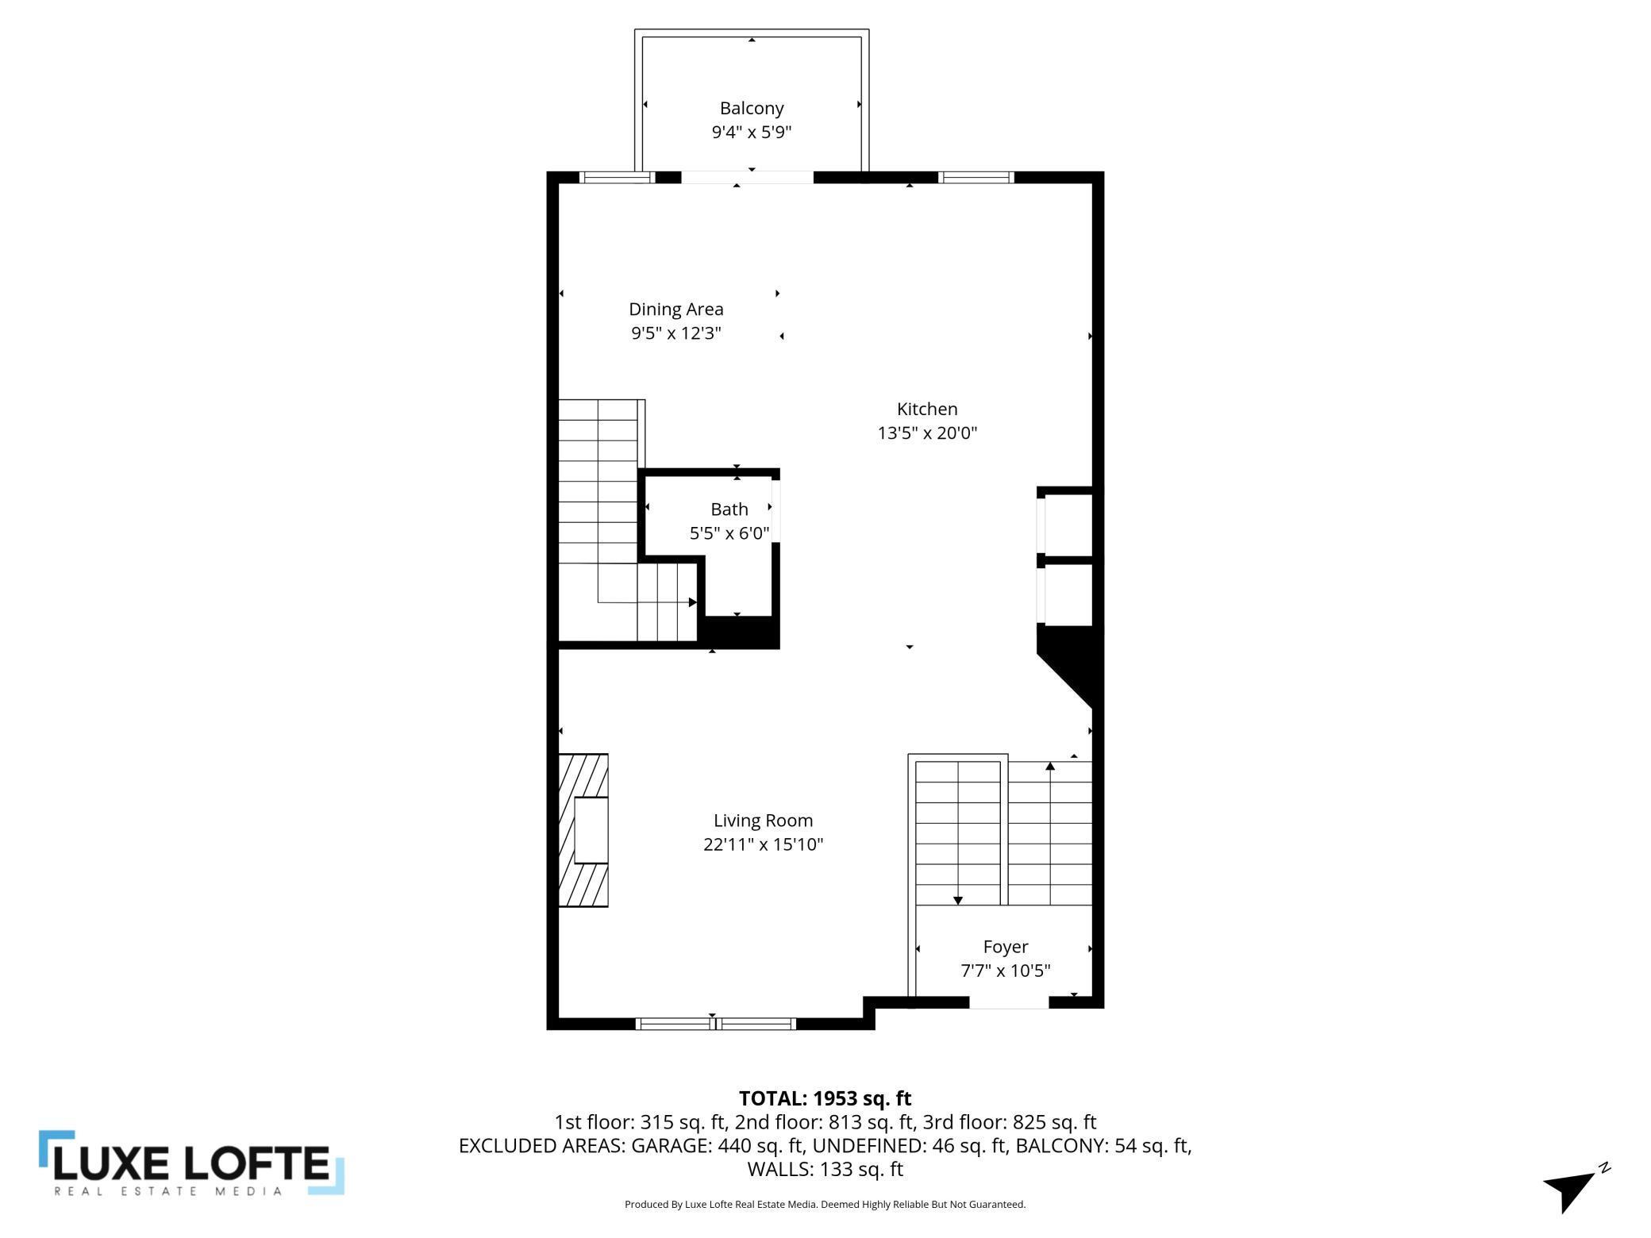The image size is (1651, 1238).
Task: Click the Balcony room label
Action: coord(751,108)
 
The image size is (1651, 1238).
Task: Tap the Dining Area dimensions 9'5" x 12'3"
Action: coord(675,333)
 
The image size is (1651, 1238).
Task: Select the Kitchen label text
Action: coord(926,409)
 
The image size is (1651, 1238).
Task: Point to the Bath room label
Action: coord(729,509)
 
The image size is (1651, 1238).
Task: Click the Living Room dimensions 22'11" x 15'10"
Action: coord(763,844)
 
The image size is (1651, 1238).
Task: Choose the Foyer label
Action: coord(1005,947)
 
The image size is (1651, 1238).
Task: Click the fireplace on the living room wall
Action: coord(583,830)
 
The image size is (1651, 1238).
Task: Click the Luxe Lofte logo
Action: coord(191,1163)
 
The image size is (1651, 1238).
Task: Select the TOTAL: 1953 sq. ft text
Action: coord(825,1098)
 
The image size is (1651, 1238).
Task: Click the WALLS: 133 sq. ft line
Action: coord(825,1169)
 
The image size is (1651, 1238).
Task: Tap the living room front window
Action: coord(715,1024)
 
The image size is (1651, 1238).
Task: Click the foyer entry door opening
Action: coord(1009,1003)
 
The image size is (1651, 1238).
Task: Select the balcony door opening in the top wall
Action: coord(747,177)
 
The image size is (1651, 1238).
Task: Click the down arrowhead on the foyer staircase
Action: coord(958,901)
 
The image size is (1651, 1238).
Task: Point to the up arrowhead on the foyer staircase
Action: coord(1050,766)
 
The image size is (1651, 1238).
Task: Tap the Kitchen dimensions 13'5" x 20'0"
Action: coord(926,433)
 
